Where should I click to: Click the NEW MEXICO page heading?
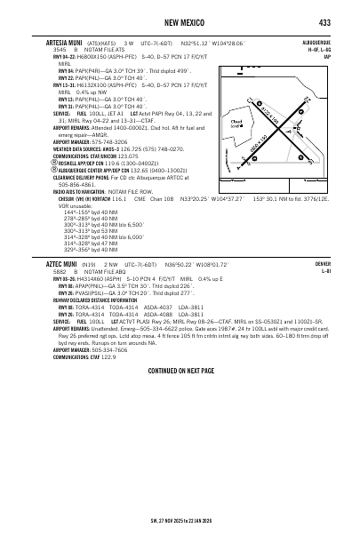tap(180, 21)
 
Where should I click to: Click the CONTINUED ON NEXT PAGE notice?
tap(180, 369)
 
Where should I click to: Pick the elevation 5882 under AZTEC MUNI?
tap(59, 272)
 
